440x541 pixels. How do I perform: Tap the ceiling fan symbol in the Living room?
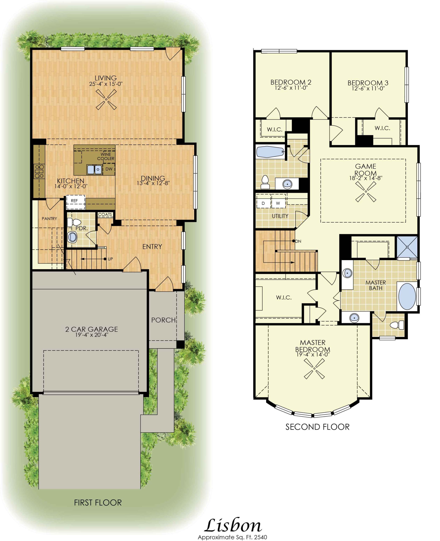(106, 100)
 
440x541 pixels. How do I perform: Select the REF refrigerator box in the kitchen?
(76, 202)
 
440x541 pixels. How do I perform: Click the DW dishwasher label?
(109, 169)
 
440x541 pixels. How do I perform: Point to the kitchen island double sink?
(95, 169)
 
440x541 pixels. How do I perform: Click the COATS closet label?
(105, 214)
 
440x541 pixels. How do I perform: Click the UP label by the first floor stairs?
(110, 259)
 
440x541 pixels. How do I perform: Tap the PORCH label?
(163, 320)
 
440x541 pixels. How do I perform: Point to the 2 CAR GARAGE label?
(91, 329)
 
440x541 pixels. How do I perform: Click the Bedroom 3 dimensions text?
(368, 89)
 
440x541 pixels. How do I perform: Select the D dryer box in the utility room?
(264, 203)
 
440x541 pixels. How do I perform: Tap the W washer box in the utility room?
(278, 203)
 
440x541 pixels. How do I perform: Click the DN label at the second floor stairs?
(298, 241)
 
